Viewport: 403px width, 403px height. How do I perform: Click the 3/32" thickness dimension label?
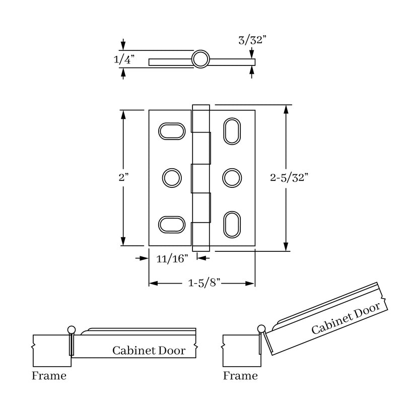coord(252,40)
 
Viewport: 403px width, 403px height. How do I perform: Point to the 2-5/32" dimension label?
coord(289,177)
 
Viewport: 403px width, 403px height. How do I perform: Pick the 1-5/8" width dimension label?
coord(202,284)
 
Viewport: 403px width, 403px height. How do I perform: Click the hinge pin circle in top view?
coord(200,59)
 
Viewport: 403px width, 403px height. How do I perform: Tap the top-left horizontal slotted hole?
coord(172,130)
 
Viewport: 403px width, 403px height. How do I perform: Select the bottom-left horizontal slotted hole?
coord(172,223)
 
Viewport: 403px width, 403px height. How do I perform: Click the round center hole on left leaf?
coord(172,177)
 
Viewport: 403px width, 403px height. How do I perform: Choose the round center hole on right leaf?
coord(232,177)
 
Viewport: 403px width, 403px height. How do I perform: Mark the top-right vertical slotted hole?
coord(232,131)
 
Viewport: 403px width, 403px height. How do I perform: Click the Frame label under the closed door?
coord(49,376)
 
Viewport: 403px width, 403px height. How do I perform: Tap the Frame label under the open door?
coord(240,376)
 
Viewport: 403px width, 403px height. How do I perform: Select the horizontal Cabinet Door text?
coord(149,350)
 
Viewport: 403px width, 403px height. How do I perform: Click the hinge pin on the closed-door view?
coord(71,330)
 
